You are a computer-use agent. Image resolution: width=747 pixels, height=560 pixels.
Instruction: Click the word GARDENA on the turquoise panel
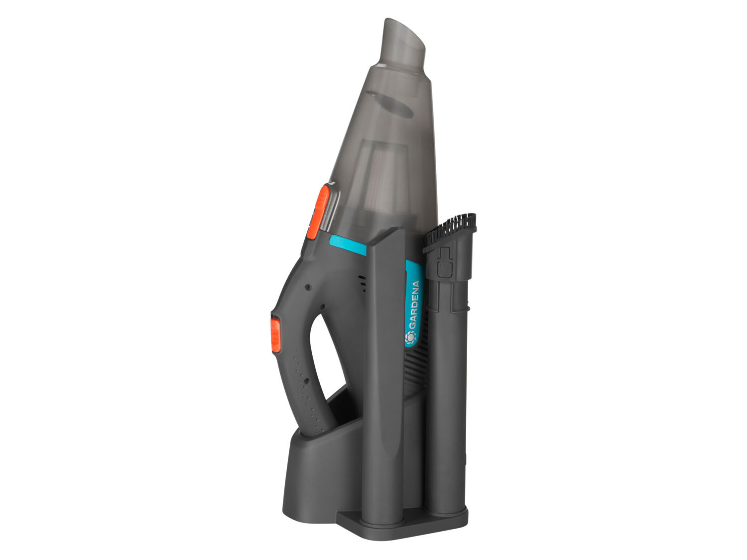point(414,304)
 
